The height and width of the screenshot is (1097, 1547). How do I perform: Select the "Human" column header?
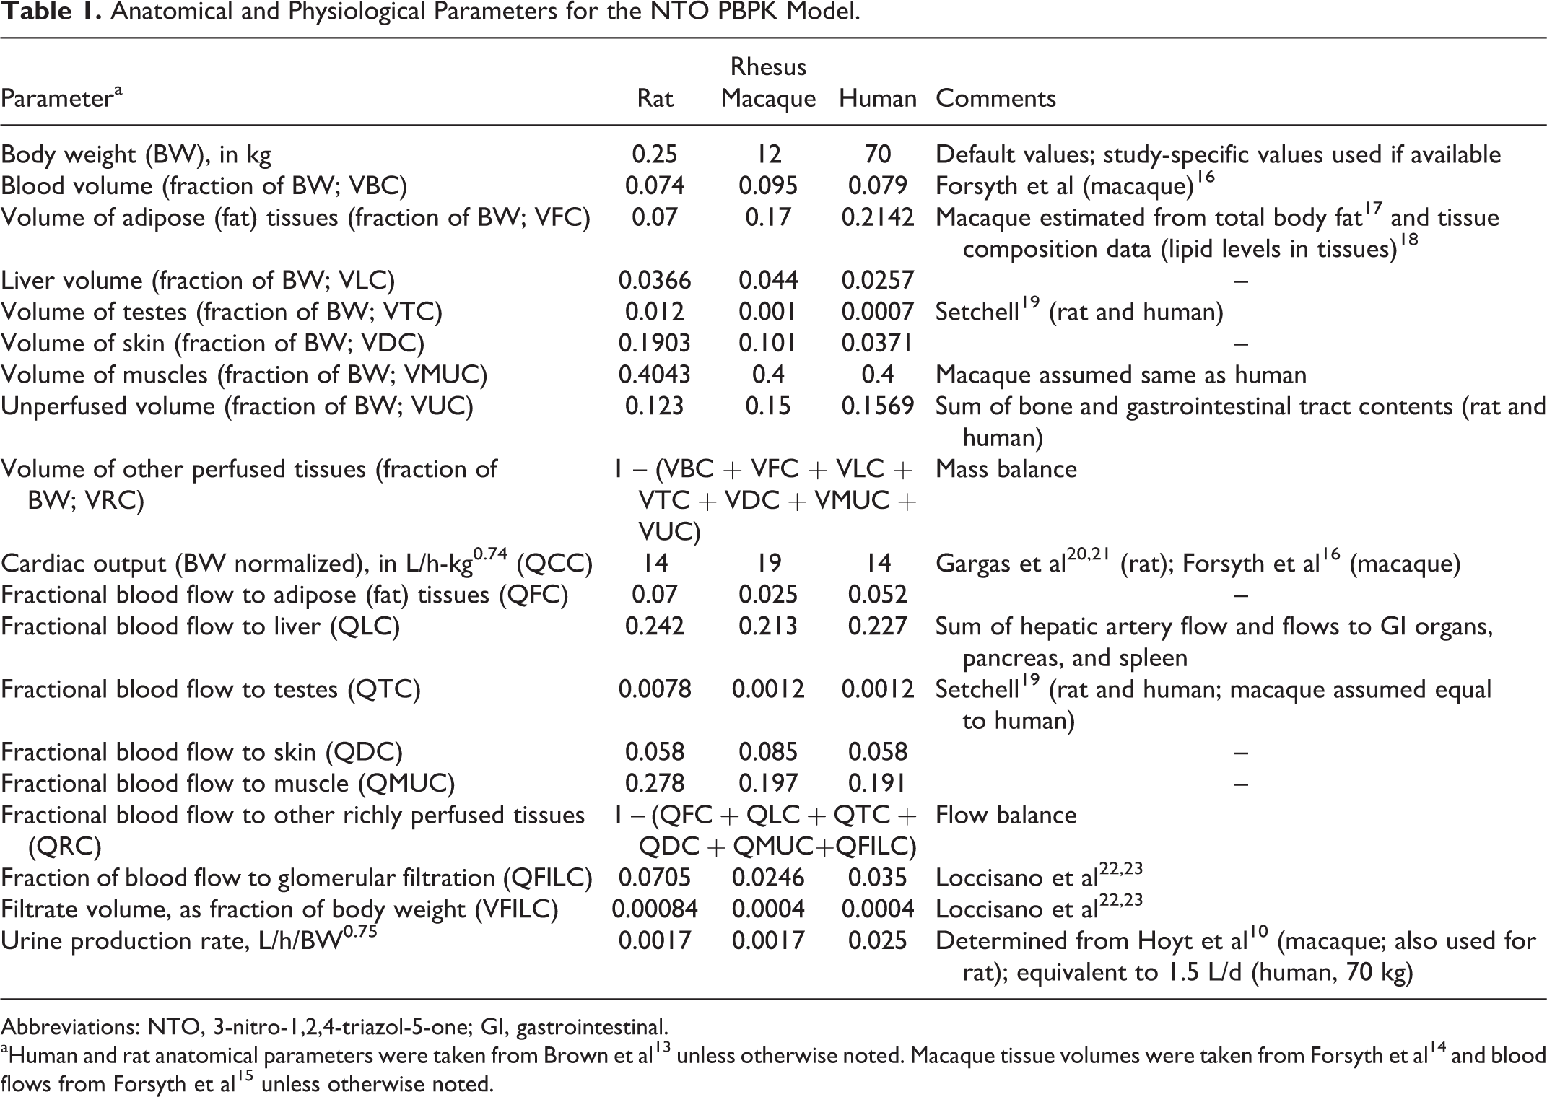tap(877, 98)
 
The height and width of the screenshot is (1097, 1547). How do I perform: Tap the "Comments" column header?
tap(995, 98)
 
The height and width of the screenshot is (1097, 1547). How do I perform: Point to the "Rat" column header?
tap(655, 98)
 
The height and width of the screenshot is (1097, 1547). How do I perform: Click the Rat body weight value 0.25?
tap(655, 154)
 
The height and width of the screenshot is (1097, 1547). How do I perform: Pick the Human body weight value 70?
tap(877, 154)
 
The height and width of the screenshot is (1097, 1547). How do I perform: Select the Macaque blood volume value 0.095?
tap(767, 186)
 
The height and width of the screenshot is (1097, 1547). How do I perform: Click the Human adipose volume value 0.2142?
tap(878, 218)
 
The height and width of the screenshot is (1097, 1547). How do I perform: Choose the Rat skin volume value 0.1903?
tap(655, 344)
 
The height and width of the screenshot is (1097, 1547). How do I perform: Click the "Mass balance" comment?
tap(1006, 469)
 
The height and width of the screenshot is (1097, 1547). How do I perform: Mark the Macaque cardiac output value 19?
tap(767, 564)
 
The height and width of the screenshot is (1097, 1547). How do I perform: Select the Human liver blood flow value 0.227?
tap(877, 626)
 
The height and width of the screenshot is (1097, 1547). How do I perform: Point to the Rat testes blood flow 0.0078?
tap(655, 689)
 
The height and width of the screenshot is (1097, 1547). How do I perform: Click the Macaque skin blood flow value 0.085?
tap(767, 752)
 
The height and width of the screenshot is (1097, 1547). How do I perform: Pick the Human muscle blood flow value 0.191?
tap(877, 784)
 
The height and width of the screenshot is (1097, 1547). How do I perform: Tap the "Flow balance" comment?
tap(1006, 816)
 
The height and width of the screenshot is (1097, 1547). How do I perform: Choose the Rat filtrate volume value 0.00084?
tap(655, 909)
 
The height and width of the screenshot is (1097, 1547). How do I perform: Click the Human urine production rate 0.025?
tap(877, 941)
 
